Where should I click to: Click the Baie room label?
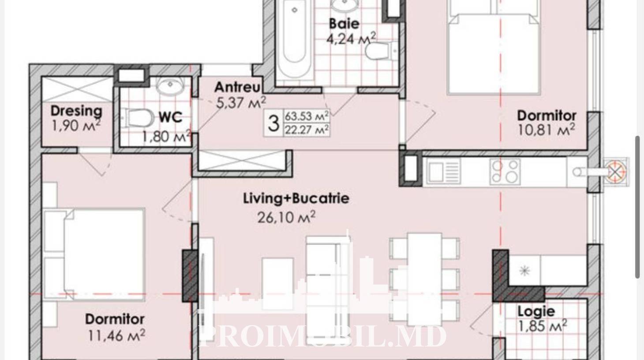pos(344,23)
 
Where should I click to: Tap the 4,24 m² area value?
pos(351,39)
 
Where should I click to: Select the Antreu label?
pos(237,87)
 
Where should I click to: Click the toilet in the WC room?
pos(138,118)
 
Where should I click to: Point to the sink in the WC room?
pos(170,85)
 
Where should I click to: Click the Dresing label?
pos(76,111)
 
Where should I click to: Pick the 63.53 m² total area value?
pos(307,116)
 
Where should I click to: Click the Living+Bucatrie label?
pos(296,199)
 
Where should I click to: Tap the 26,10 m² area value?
pos(286,217)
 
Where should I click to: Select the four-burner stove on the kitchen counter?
pos(505,171)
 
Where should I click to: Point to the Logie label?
pos(536,311)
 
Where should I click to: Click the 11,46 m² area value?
pos(116,335)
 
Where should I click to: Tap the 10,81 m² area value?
pos(546,130)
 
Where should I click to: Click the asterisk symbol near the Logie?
pos(525,270)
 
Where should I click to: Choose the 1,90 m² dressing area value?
pos(76,126)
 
